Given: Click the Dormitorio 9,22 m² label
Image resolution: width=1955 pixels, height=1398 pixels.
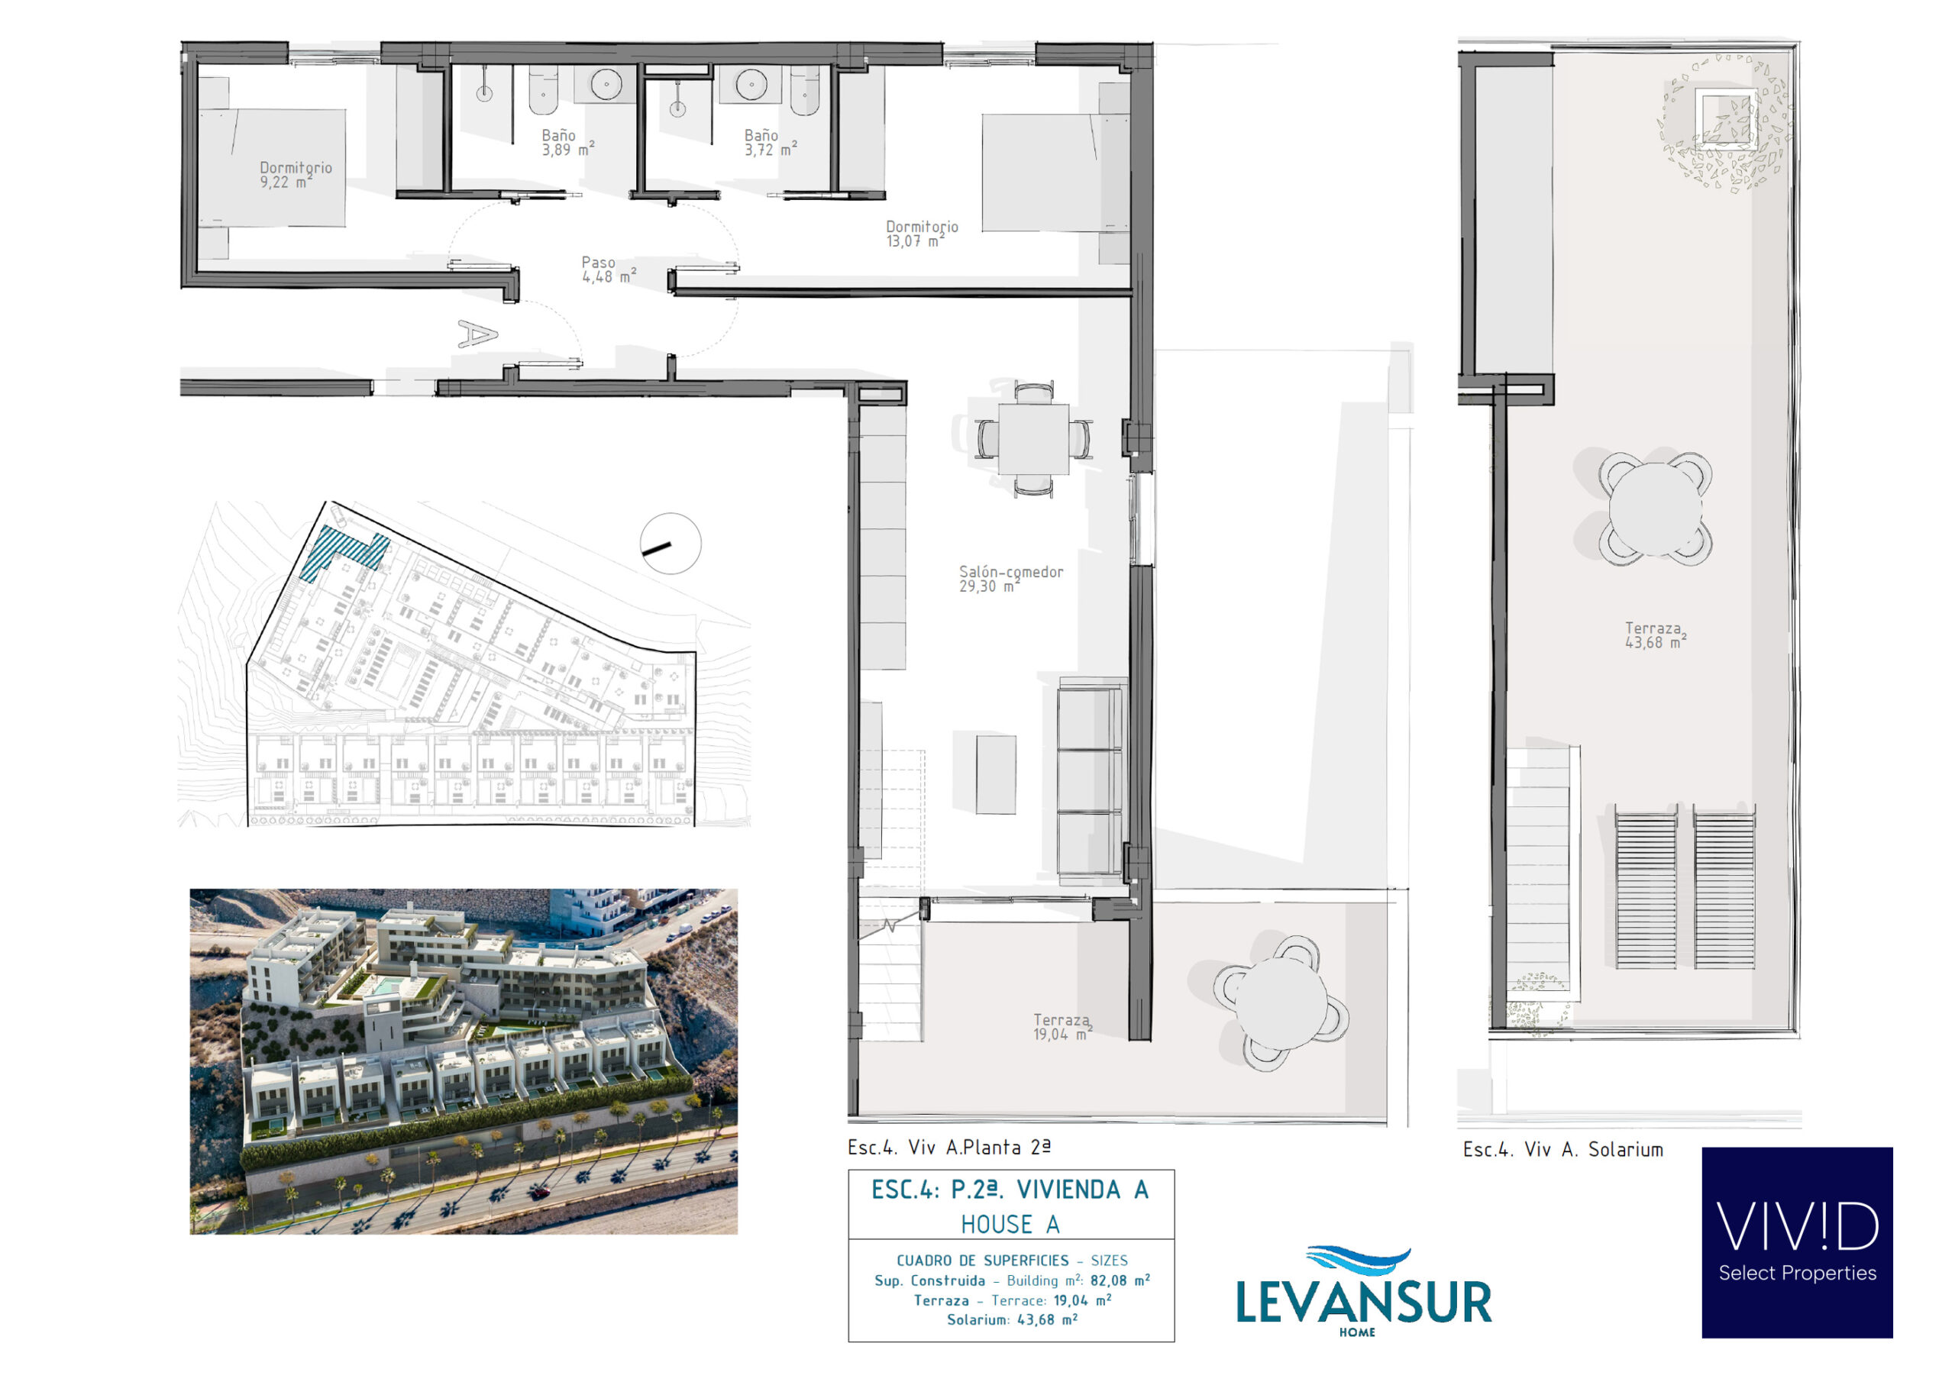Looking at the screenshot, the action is coord(296,175).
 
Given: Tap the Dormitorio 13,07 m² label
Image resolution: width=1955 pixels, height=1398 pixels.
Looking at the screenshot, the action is coord(922,234).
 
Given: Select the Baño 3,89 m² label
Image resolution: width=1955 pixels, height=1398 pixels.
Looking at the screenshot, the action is coord(567,142).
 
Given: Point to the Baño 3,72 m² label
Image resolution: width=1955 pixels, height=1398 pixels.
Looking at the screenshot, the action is coord(770,142).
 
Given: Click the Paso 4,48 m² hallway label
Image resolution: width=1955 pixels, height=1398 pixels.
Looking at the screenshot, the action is coord(609,270).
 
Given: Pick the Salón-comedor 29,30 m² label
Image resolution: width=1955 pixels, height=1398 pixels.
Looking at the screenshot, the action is coord(1010,579).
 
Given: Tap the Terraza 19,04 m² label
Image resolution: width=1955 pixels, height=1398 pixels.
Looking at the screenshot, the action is coord(1063,1027).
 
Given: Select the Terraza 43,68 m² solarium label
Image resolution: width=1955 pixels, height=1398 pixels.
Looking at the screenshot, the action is coord(1655,635).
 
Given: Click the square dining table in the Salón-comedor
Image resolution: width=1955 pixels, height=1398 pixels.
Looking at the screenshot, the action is coord(1033,439).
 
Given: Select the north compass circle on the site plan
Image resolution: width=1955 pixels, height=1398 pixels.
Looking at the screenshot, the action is coord(671,543).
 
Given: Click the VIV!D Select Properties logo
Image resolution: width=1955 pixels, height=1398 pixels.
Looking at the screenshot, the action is coord(1797,1242).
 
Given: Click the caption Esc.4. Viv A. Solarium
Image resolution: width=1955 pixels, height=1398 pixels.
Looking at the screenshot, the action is coord(1562,1149).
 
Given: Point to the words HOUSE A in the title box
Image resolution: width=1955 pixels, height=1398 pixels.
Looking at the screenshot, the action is coord(1010,1224).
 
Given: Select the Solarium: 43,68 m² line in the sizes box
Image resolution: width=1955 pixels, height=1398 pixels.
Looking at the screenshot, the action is coord(1013,1319).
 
